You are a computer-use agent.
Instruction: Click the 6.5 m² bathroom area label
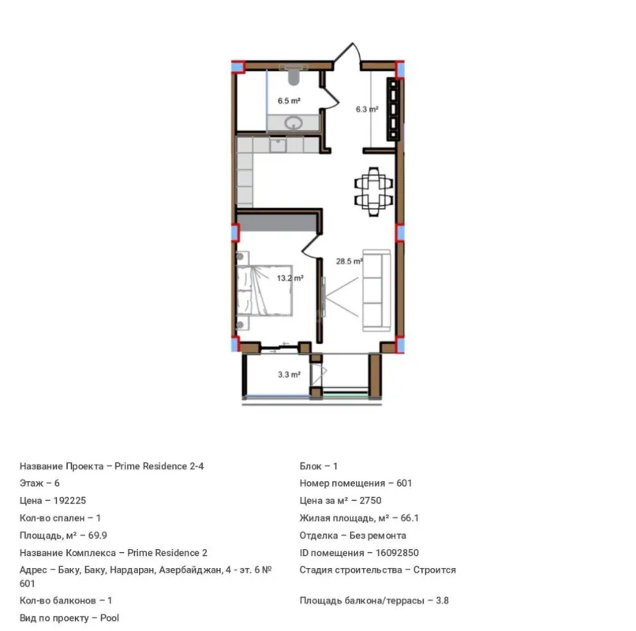(x=289, y=101)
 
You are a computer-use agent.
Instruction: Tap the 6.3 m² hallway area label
(x=366, y=110)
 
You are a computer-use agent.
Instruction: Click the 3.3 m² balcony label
(x=289, y=375)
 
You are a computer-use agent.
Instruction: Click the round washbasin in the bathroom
(x=294, y=122)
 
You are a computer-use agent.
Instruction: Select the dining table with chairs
(x=372, y=189)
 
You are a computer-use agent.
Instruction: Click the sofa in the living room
(x=376, y=291)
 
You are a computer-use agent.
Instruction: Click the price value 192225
(x=71, y=501)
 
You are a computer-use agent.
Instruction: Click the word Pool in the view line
(x=110, y=618)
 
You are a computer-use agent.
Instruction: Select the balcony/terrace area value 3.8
(x=443, y=600)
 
